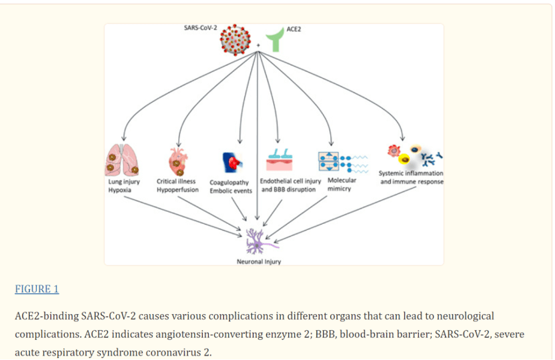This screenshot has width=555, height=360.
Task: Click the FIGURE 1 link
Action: coord(37,289)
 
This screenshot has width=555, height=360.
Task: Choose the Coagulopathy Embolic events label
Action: coord(231,186)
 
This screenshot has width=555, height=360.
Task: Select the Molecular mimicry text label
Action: coord(342,184)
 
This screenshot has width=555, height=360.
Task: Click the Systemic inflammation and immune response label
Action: coord(411,177)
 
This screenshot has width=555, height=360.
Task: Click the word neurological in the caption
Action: coord(465,315)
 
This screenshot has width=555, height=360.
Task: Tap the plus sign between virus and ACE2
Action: coord(258,46)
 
